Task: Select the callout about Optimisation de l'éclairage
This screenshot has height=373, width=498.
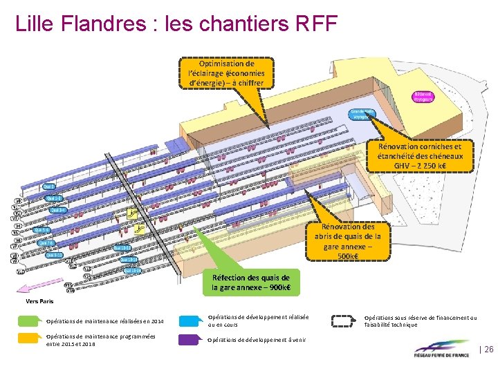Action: point(226,73)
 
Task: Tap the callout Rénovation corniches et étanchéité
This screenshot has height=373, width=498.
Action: point(419,156)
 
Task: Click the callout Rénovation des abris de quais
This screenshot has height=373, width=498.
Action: point(349,241)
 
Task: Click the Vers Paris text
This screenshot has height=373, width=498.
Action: point(39,301)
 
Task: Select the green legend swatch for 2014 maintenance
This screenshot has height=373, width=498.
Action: point(30,321)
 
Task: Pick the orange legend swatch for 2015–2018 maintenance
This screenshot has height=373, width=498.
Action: point(30,339)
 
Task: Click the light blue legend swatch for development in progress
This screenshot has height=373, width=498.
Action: point(190,321)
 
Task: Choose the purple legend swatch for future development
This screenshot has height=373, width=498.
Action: point(190,339)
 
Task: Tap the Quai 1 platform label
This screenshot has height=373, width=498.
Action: point(49,186)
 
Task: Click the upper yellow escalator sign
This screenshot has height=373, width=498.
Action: point(131,216)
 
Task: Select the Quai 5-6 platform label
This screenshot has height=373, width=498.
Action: point(42,230)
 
